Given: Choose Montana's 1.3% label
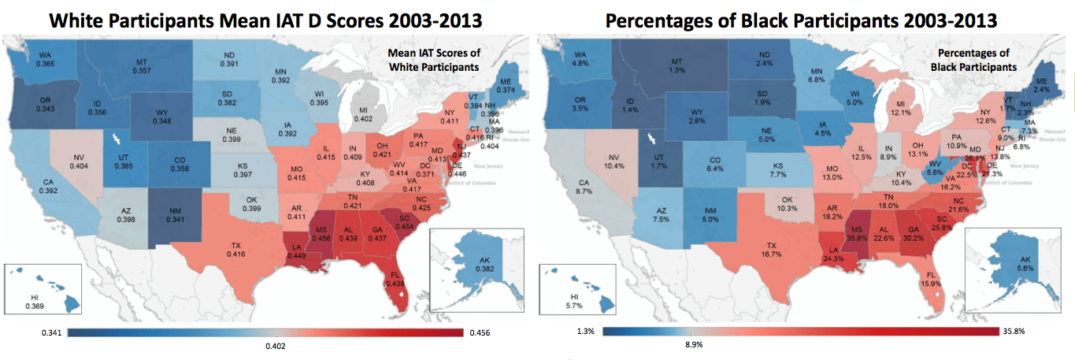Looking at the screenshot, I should point(676,69).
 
